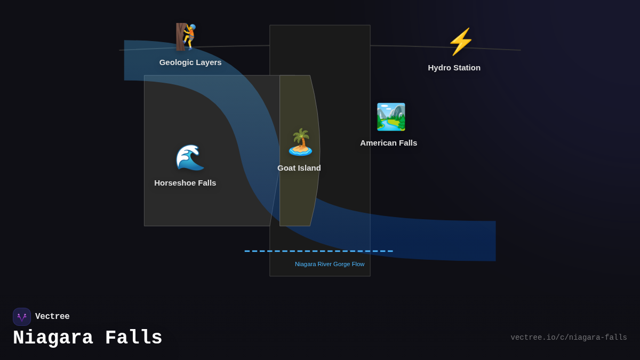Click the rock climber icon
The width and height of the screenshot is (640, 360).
coord(187,36)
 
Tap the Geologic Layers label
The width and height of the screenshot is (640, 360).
coord(190,62)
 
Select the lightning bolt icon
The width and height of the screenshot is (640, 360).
coord(460,42)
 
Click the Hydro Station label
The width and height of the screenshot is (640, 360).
coord(454,68)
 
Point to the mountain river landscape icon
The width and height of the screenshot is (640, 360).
coord(391,117)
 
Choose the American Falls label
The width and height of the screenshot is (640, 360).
coord(388,143)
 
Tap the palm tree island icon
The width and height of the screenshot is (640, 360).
coord(300,142)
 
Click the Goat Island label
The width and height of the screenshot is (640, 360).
coord(299,168)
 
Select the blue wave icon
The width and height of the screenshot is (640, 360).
coord(190,157)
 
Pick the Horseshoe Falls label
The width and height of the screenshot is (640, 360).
coord(185,183)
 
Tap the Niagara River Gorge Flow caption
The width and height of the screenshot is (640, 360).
coord(330,264)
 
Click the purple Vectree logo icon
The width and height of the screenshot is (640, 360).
coord(22,317)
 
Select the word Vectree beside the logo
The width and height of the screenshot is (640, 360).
coord(52,317)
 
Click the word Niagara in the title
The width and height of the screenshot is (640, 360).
coord(53,338)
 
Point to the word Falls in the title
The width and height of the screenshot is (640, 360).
coord(134,338)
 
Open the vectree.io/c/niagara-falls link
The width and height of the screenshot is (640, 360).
coord(569,338)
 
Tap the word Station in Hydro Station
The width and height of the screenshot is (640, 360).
coord(466,68)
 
